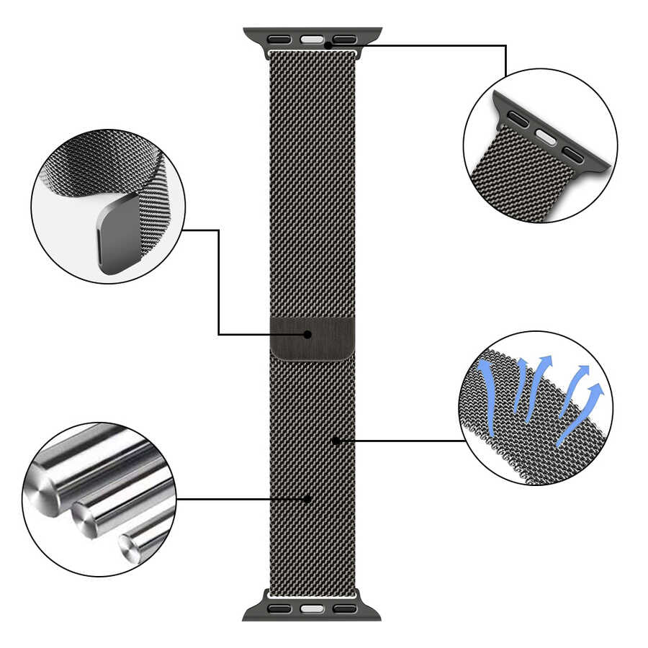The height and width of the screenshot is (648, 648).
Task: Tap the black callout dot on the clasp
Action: coord(307,335)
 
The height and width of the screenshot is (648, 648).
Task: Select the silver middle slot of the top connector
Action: coord(311,39)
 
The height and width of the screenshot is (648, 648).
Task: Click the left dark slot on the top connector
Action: coord(280,39)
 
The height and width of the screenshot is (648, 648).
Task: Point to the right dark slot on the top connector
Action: coord(344,39)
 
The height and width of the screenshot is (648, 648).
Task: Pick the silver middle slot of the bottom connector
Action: coord(311,609)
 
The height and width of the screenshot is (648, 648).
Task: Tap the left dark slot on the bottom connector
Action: coord(279,609)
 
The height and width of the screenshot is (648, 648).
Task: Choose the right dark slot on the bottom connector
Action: coord(344,609)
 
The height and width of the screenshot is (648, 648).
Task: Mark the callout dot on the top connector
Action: coord(328,45)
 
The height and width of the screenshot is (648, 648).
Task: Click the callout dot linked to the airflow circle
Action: coord(336,441)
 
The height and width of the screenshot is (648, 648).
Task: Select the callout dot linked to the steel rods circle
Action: coord(307,498)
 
